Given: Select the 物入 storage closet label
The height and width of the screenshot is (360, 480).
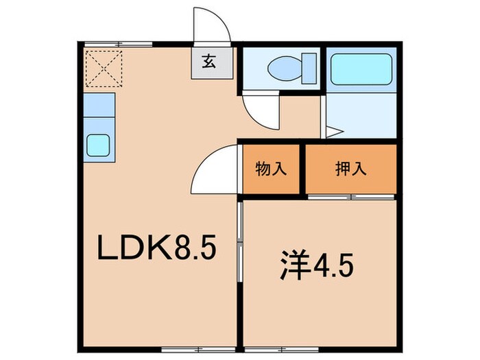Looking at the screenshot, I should coord(270,169).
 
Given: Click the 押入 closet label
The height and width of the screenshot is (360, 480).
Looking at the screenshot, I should coord(350,169).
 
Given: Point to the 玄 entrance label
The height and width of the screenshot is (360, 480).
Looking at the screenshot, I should coord(206,62).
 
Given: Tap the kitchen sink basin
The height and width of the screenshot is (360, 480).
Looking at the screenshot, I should coord(99,145).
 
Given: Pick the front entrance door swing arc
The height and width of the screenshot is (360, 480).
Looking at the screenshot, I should coord(212,27).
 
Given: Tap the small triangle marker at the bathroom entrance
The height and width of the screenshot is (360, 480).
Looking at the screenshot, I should coord(333,130).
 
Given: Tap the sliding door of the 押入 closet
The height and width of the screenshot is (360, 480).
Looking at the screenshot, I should coord(350,197).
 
